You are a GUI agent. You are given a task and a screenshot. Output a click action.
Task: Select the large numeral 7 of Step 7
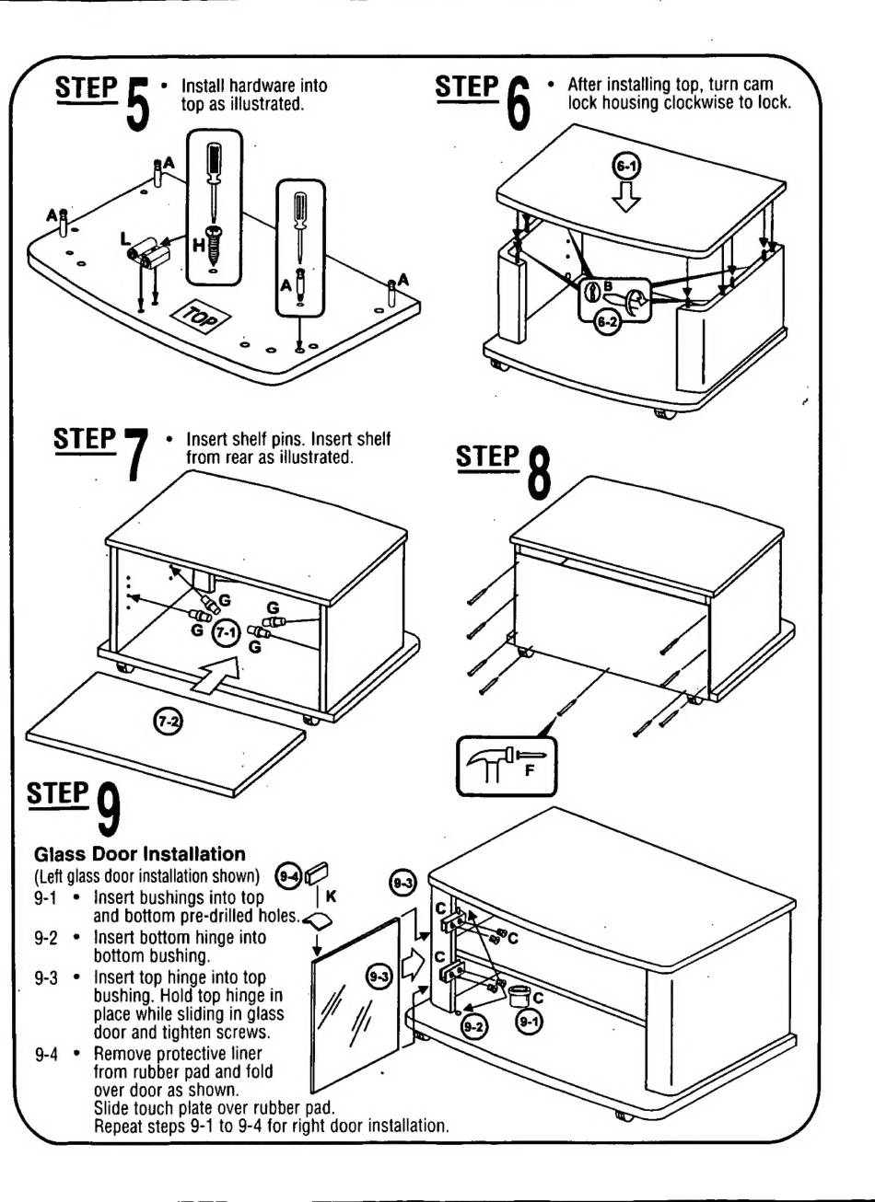pos(137,453)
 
